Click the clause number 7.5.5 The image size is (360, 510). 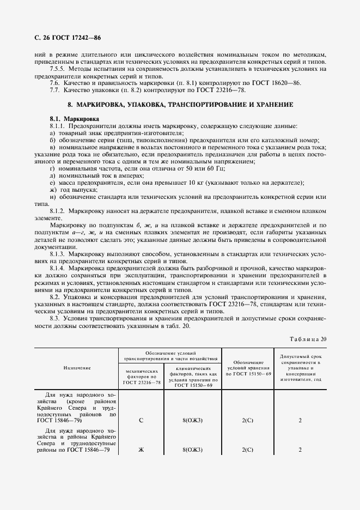click(x=58, y=69)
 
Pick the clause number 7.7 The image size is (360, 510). click(x=56, y=89)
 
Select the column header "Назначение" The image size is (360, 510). click(x=77, y=368)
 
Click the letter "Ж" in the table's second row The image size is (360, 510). click(x=142, y=450)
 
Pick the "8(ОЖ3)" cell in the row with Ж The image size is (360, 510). click(x=193, y=450)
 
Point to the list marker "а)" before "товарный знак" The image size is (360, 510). click(x=53, y=133)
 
